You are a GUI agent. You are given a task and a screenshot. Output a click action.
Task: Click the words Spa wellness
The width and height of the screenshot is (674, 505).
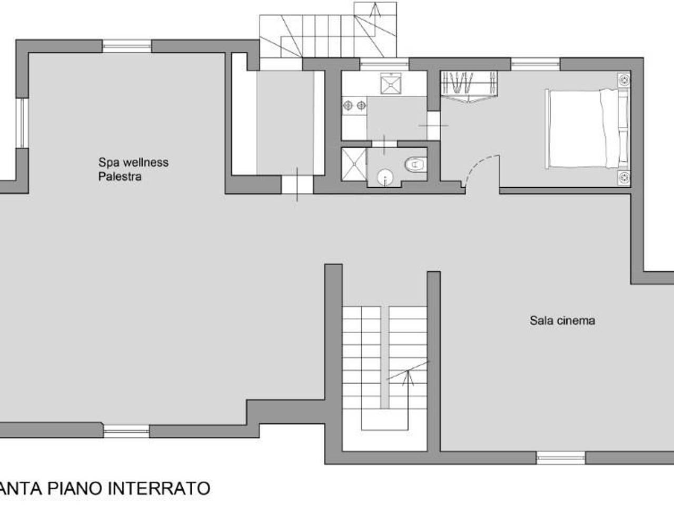click(x=133, y=162)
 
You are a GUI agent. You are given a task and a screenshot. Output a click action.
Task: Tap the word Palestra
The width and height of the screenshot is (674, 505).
click(x=120, y=177)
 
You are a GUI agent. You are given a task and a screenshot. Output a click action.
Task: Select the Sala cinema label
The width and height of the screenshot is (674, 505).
click(x=562, y=320)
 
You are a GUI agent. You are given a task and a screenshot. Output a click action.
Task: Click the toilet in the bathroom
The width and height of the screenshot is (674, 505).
click(x=415, y=165)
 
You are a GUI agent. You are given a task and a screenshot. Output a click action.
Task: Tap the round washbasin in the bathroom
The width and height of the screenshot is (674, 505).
click(x=386, y=177)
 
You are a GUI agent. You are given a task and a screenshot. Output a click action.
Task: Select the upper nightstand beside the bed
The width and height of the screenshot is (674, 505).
click(x=625, y=80)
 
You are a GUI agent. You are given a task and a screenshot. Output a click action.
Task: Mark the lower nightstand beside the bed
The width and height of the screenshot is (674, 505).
click(x=625, y=178)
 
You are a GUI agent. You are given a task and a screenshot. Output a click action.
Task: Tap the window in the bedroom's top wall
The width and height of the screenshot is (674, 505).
click(x=535, y=64)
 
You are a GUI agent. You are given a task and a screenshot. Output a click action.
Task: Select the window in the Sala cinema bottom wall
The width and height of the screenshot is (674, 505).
click(x=561, y=458)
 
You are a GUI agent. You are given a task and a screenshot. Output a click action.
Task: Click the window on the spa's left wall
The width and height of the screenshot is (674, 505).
click(x=22, y=124)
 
